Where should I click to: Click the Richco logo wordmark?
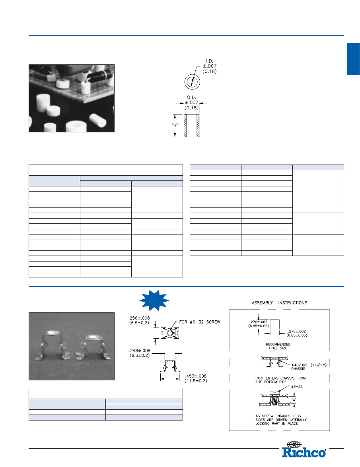(304, 452)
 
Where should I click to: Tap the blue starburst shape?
(154, 300)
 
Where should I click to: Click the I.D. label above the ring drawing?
(210, 61)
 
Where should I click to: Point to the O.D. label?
(191, 97)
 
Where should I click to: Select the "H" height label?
(175, 126)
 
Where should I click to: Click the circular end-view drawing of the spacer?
(192, 82)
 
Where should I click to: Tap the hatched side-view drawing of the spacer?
(191, 126)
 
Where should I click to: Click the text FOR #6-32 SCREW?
(200, 322)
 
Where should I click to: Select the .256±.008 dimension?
(139, 318)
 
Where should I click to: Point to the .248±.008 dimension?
(140, 351)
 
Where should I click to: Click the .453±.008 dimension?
(196, 376)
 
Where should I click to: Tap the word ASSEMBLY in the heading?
(262, 302)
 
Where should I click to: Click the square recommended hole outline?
(274, 324)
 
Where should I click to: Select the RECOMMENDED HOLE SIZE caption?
(278, 346)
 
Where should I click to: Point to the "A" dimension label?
(294, 400)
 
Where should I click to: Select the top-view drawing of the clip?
(169, 333)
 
